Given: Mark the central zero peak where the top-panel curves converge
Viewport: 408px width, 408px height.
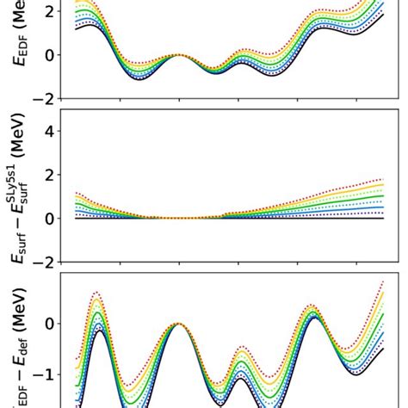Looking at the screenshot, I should tap(178, 54).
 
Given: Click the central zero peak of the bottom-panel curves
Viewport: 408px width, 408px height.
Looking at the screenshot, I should tap(178, 324).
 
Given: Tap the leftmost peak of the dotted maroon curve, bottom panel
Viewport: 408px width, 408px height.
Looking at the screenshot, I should tap(96, 293).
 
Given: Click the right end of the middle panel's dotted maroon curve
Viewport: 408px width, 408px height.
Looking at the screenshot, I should tap(383, 179).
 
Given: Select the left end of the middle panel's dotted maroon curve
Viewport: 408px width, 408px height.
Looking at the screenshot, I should tap(76, 193).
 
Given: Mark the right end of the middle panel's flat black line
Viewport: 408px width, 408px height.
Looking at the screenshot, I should tap(383, 218).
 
